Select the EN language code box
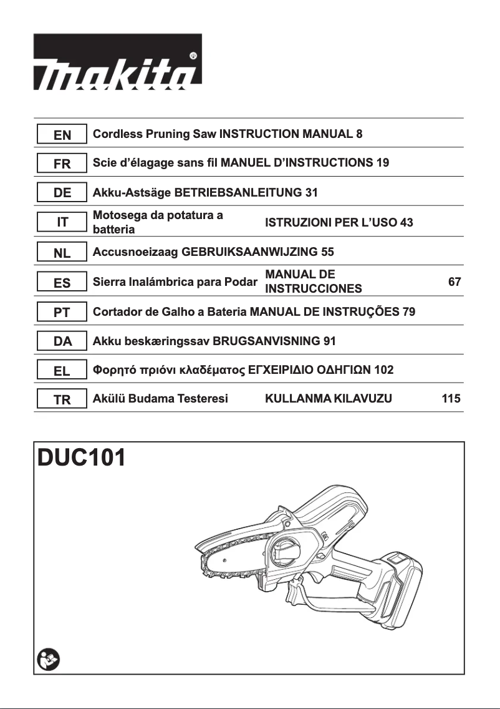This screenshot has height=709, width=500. [62, 134]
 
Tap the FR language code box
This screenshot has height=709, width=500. [62, 164]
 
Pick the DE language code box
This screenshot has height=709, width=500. [62, 193]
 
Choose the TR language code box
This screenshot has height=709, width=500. [62, 400]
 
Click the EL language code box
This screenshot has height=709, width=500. [62, 371]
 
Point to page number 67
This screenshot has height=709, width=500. [454, 282]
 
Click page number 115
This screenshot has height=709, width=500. [451, 399]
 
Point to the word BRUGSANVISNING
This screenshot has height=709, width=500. [261, 341]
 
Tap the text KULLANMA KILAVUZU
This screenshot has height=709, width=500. [329, 399]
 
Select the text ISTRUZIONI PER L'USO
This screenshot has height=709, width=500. [339, 223]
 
